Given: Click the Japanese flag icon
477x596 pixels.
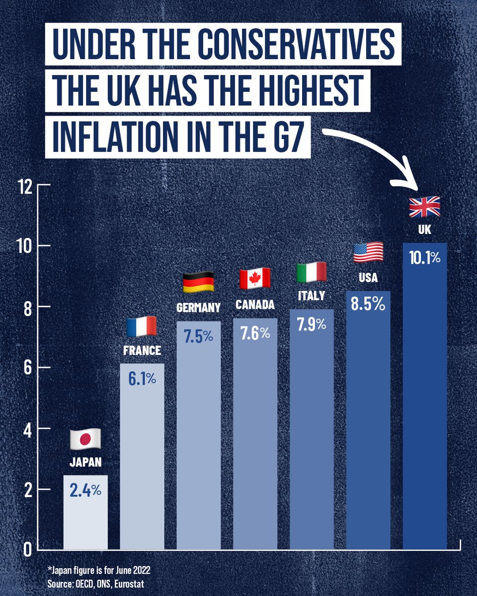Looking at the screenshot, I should click(85, 438).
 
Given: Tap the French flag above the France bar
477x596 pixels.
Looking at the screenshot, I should click(142, 326).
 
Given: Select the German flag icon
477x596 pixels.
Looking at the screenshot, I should click(198, 282).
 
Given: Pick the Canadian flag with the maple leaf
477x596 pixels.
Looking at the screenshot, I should click(255, 279).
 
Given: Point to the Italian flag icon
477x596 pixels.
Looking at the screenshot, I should click(312, 272).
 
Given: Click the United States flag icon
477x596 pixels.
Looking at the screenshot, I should click(368, 252).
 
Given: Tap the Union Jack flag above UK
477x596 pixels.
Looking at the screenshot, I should click(424, 207).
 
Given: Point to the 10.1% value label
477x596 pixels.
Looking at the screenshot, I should click(425, 258).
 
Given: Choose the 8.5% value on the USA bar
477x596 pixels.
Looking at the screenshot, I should click(368, 304).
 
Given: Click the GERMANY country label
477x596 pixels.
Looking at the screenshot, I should click(198, 308).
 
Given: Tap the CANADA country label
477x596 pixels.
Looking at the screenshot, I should click(255, 304).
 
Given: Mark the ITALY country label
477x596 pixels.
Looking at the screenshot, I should click(312, 296).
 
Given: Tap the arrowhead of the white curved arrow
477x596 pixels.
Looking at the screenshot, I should click(408, 184).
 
